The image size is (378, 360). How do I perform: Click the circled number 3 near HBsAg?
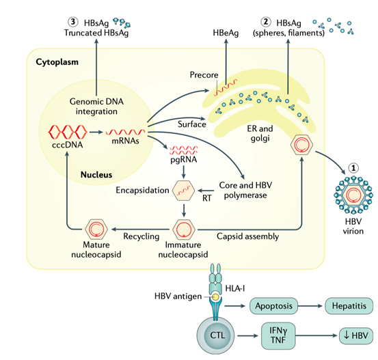tap(73, 22)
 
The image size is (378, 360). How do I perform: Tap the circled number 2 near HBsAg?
tap(266, 22)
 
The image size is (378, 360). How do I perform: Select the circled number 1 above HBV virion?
tap(353, 168)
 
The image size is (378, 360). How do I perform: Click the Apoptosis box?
tap(273, 306)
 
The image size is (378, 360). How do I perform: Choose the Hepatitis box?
tap(349, 306)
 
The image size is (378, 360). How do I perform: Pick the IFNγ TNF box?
tap(278, 335)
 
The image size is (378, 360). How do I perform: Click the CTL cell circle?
tap(215, 335)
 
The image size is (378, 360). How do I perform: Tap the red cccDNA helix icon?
tap(68, 132)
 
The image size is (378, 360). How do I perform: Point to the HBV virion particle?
tap(353, 195)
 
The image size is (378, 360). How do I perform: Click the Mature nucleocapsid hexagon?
tap(96, 229)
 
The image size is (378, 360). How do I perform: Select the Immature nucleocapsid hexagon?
tap(184, 230)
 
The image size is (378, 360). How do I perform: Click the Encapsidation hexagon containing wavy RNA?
tap(183, 191)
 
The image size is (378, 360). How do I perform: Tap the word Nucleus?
tap(96, 174)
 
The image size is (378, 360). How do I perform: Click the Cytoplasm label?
tap(57, 62)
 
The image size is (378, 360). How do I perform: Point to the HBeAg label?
tap(226, 33)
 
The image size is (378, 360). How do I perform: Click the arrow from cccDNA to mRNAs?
tap(96, 132)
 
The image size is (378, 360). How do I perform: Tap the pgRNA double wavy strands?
tap(184, 150)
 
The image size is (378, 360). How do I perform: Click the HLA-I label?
tap(235, 288)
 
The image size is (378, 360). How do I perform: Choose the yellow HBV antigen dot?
tap(215, 297)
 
